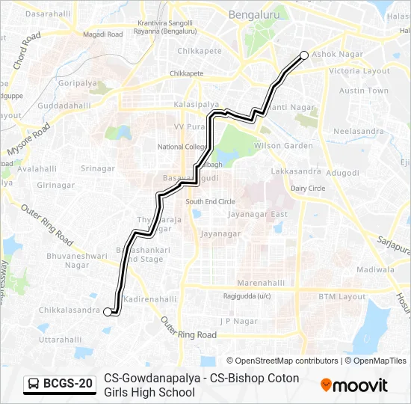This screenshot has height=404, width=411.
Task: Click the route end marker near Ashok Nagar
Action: (304, 54)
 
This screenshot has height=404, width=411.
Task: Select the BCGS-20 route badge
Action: (60, 384)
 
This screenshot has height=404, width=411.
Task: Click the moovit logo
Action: (354, 385)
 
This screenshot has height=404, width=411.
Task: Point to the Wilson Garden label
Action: (283, 146)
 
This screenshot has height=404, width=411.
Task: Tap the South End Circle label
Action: (210, 202)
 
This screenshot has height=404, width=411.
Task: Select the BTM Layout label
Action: (342, 297)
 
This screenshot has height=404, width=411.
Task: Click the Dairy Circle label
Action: (308, 189)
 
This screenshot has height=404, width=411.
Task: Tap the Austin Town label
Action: (364, 91)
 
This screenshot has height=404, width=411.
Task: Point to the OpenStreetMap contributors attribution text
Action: (282, 361)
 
